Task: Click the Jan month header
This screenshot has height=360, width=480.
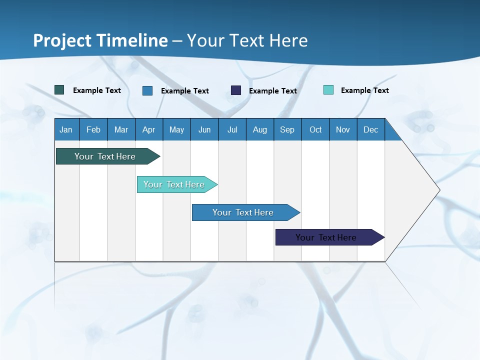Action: pos(66,129)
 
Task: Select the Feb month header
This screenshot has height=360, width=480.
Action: pos(93,129)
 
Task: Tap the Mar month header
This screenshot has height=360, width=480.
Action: pos(121,129)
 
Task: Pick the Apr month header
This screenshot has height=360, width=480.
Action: pos(149,129)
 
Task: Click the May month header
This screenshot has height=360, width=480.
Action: pos(176,129)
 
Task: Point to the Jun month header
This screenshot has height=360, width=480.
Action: pos(204,129)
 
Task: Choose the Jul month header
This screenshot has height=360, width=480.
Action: pos(232,129)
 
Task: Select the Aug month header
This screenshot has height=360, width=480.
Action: pos(260,129)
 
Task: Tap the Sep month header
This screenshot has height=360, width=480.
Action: pos(287,129)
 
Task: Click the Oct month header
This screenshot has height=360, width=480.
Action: pos(315,129)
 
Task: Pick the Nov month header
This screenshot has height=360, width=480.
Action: pos(343,129)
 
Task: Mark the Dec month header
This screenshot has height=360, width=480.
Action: pos(371,129)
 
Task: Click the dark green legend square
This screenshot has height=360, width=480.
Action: pos(59,90)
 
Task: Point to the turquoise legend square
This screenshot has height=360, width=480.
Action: pos(328,90)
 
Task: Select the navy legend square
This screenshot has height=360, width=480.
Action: pos(236,90)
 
